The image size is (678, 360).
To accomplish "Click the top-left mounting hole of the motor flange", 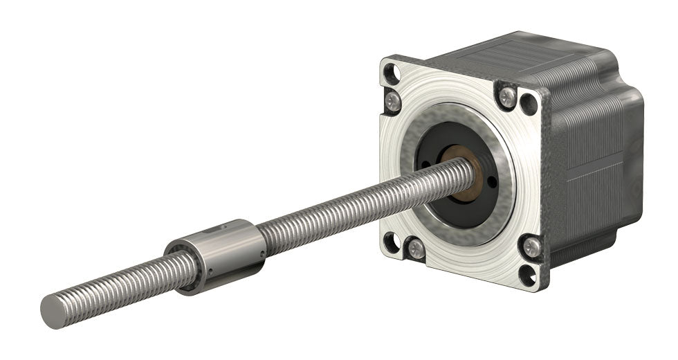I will tap(392, 71).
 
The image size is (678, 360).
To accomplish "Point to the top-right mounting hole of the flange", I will tap(530, 102).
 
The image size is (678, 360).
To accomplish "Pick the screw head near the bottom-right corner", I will tap(531, 244).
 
